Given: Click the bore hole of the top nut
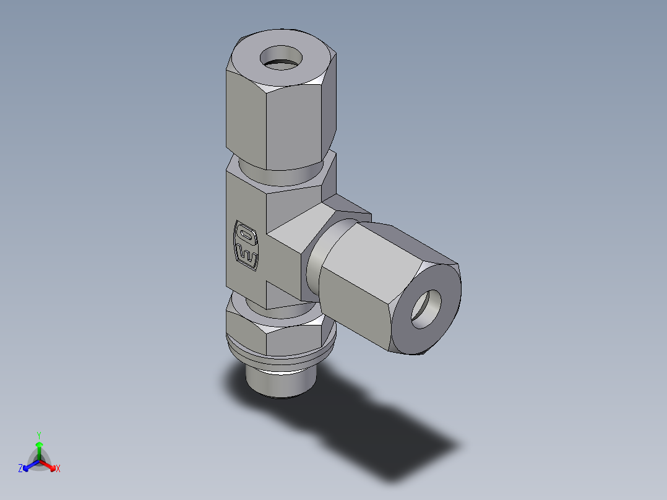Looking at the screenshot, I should tap(282, 59).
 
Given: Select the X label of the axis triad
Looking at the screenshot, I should tap(58, 469).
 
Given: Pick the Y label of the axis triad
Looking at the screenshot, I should tap(39, 435).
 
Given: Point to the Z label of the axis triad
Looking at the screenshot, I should tap(20, 469).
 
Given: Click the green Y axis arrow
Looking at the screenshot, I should tap(39, 448).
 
